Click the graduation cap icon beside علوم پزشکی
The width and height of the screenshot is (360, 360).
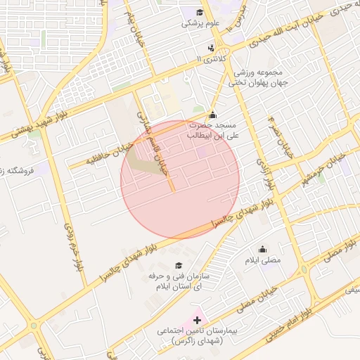click(x=200, y=13)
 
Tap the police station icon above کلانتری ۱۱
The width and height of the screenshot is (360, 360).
click(x=211, y=49)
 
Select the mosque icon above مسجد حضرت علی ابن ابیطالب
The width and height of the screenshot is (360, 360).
click(x=212, y=115)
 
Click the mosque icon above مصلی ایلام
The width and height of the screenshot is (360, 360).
click(x=262, y=249)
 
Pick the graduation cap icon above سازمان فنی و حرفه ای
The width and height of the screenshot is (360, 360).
click(x=179, y=266)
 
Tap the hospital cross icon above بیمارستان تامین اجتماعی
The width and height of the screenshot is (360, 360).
click(x=196, y=320)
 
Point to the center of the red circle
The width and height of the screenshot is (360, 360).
click(x=180, y=179)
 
